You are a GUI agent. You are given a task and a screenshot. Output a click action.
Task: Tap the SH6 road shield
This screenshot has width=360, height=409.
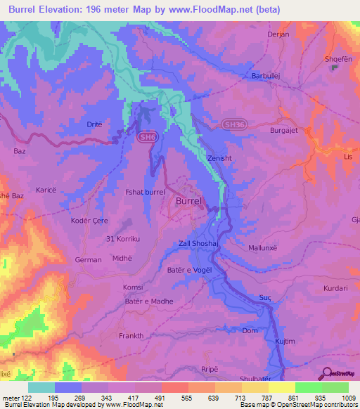click(146, 137)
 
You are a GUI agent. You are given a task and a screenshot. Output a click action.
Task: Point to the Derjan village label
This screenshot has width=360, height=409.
click(259, 33)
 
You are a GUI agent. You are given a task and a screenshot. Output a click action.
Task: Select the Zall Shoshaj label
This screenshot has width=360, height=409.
click(200, 244)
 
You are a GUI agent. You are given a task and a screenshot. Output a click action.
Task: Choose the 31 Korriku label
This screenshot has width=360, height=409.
click(122, 239)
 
